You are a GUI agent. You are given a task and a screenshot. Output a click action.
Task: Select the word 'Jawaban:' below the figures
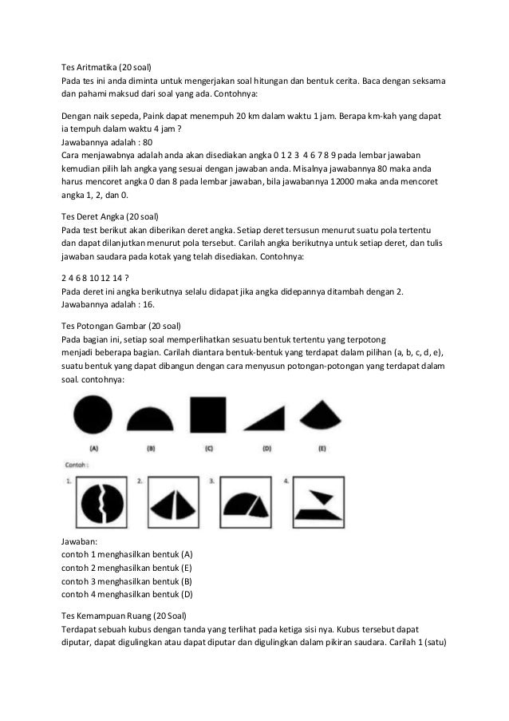81,541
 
